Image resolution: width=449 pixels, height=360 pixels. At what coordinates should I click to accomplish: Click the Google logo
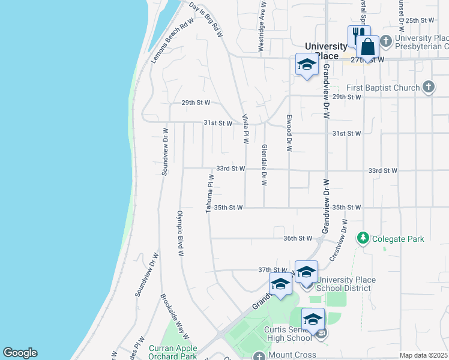[20, 353]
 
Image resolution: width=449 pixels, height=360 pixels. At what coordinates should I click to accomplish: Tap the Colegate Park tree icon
[363, 239]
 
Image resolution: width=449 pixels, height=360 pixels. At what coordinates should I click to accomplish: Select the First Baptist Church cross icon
[428, 88]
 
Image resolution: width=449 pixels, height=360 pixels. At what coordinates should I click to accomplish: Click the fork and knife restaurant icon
[358, 34]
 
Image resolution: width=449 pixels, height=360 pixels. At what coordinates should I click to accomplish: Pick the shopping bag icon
[367, 46]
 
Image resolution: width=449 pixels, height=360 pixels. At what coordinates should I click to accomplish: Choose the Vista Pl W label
[245, 129]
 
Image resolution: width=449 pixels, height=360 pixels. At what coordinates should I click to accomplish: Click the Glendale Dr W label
[264, 164]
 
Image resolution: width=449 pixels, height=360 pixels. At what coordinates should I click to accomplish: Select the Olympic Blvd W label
[179, 233]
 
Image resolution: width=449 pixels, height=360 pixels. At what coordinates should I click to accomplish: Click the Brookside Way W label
[175, 316]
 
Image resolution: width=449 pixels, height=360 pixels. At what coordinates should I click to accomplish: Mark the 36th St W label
[298, 238]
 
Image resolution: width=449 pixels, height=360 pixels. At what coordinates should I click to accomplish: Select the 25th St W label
[419, 20]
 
